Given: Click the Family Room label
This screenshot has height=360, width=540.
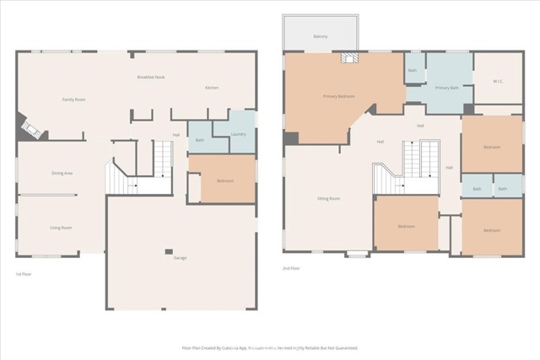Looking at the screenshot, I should (x=74, y=99).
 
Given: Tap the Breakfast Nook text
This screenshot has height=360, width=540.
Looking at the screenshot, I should (x=150, y=78).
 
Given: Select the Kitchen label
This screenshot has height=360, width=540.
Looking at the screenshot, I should (x=213, y=88).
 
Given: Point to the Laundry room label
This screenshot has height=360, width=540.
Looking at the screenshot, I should (x=239, y=133).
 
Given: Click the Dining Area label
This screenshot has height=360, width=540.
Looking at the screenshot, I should (x=62, y=173).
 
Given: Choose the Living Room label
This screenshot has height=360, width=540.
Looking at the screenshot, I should (x=60, y=228).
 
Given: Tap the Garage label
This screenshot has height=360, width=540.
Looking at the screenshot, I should (x=181, y=257).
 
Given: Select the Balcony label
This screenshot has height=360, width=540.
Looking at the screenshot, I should (x=321, y=37).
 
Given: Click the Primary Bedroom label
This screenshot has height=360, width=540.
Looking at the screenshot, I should (x=339, y=96).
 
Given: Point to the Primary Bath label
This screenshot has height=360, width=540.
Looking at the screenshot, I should (x=446, y=88).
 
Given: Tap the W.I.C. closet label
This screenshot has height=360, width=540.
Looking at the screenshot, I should (x=498, y=82).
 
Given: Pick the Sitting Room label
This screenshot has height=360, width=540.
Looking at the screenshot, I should (x=328, y=199).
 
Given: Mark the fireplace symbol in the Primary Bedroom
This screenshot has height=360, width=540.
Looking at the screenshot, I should (x=348, y=58).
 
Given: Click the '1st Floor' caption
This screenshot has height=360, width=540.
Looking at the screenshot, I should (x=24, y=274).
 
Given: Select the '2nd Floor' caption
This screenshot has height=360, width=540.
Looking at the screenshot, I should (x=291, y=268).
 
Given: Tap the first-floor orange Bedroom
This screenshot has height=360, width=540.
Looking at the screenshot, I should (x=224, y=180).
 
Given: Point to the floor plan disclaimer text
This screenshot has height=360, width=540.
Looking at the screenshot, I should (x=270, y=347).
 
